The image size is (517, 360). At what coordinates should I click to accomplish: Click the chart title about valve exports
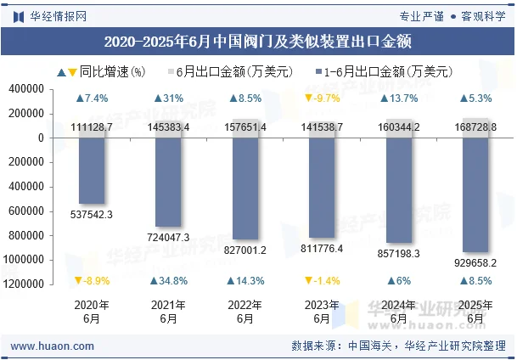[x=258, y=41]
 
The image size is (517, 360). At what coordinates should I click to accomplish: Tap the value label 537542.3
[x=92, y=214]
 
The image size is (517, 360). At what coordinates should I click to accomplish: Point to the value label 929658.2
[x=475, y=263]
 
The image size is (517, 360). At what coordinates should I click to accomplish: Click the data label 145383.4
[x=168, y=127]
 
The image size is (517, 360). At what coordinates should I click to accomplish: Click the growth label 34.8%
[x=168, y=281]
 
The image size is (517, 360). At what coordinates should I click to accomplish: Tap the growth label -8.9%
[x=92, y=281]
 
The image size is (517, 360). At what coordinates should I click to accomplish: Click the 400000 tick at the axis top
[x=28, y=89]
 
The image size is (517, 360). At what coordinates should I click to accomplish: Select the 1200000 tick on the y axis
[x=25, y=284]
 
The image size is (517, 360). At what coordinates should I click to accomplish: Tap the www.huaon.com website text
[x=53, y=346]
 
